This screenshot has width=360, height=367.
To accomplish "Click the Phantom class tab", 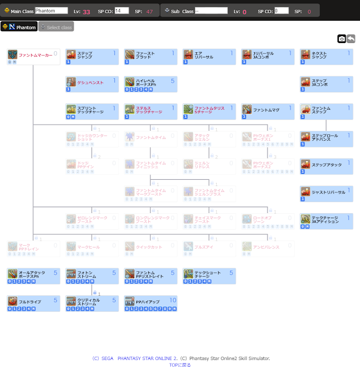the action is [20, 27].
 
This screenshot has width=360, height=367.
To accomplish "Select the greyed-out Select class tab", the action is [56, 27].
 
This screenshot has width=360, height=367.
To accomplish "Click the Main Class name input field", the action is [51, 11].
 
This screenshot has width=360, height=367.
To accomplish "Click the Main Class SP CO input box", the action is [121, 11].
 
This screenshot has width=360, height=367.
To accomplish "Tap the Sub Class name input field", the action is [211, 11].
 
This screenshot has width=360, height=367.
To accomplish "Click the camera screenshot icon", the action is [342, 38].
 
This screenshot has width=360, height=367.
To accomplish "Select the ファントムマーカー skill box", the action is [33, 57].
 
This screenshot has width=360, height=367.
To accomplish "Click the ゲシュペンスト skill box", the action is [92, 84].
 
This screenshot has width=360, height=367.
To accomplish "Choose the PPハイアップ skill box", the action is [151, 303].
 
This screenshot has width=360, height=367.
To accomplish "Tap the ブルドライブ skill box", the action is [33, 303].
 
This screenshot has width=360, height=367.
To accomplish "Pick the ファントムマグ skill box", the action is [268, 111].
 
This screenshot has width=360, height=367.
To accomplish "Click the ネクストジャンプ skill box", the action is [327, 57].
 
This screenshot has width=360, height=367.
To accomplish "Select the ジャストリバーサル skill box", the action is [327, 194].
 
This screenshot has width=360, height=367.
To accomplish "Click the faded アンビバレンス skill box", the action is [268, 249].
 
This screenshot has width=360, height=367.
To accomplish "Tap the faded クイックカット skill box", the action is [151, 249].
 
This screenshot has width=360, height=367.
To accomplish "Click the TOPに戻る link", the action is [180, 364].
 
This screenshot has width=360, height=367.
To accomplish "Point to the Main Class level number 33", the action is [86, 11].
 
